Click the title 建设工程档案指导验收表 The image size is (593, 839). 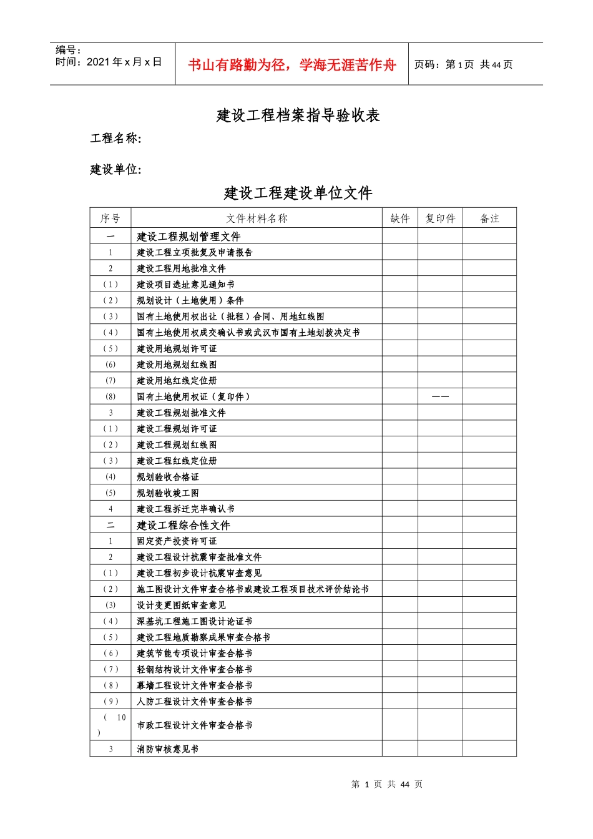click(298, 115)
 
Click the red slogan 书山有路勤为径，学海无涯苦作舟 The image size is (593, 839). click(292, 65)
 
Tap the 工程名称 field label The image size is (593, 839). click(115, 139)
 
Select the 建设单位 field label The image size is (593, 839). click(115, 169)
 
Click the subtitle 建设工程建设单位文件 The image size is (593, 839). click(298, 193)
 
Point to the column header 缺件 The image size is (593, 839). click(400, 218)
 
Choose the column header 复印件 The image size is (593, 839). click(440, 218)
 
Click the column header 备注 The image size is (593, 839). click(489, 218)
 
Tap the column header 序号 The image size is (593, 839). click(110, 218)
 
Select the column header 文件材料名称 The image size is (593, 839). click(257, 218)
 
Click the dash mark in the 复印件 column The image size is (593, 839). click(440, 397)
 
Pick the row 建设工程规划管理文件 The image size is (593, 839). click(189, 237)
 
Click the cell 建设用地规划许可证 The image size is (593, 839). click(177, 349)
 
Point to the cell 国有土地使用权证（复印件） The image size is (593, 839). click(193, 397)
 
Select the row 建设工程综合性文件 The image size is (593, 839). click(184, 526)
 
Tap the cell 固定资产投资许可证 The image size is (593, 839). click(177, 541)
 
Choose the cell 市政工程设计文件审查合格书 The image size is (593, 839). click(195, 725)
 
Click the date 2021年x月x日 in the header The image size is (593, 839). click(124, 62)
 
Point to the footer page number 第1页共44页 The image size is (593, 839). click(387, 785)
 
